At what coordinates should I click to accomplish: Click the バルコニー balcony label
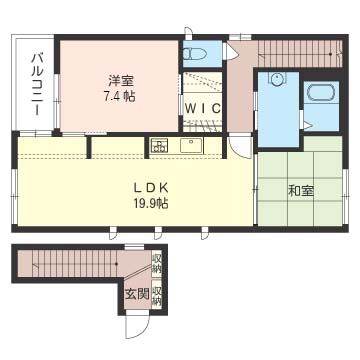(x=36, y=84)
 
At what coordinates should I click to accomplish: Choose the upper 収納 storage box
(x=158, y=265)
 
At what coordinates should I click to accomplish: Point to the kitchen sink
(x=190, y=146)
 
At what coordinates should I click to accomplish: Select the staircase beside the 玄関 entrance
(x=70, y=266)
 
